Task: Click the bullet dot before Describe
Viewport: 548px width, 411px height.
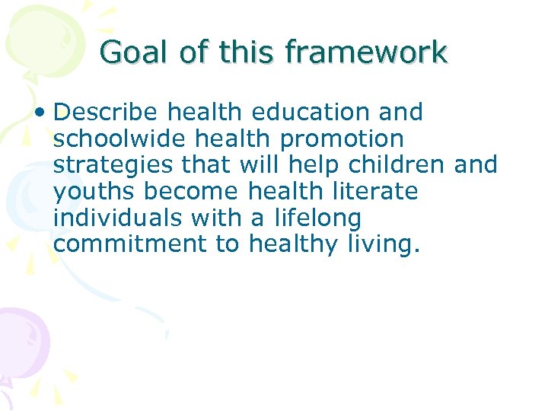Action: coord(44,113)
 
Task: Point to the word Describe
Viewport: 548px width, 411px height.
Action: coord(107,113)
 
